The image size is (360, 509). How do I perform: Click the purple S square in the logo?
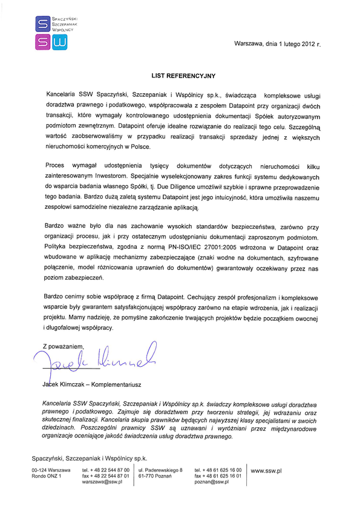coord(42,24)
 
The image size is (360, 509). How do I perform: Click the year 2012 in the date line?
coord(307,44)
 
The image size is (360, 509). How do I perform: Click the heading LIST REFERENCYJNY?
coord(180,76)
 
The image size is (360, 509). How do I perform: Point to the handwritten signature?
coord(97,358)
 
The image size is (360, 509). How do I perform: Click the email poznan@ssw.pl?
coord(211,482)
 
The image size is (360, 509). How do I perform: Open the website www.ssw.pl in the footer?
coord(267,470)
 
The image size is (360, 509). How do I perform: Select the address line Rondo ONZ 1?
coord(46,476)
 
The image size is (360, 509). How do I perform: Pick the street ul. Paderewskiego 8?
coord(160,470)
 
